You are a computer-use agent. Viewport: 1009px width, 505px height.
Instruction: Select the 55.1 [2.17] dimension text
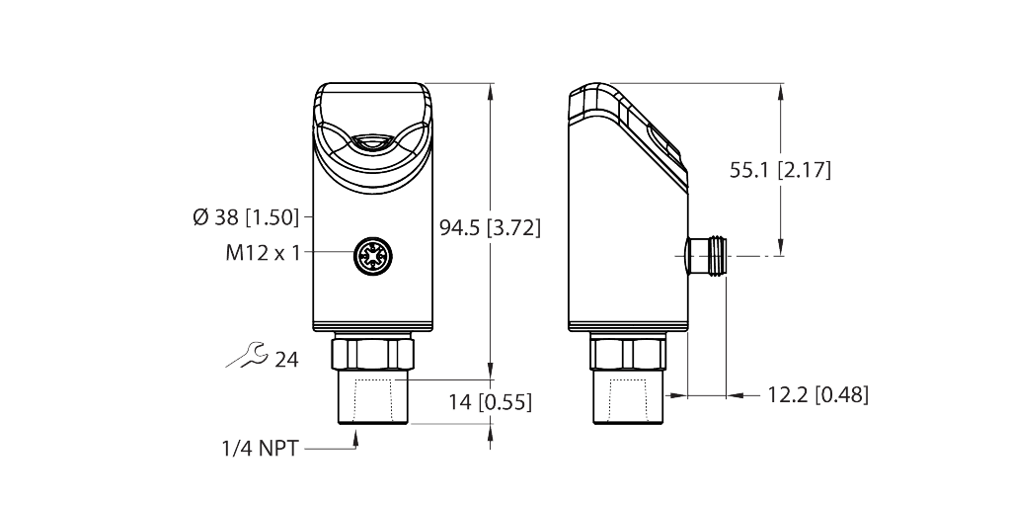780,170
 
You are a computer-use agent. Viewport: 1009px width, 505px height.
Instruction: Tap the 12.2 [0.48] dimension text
817,395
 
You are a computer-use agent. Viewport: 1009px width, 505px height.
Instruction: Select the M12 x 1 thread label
262,253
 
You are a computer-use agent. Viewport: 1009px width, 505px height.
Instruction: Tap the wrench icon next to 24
245,357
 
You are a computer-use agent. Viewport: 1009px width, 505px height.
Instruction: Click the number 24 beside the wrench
286,359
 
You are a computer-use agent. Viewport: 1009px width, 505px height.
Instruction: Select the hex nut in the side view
626,351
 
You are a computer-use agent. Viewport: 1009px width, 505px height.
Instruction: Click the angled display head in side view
632,128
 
